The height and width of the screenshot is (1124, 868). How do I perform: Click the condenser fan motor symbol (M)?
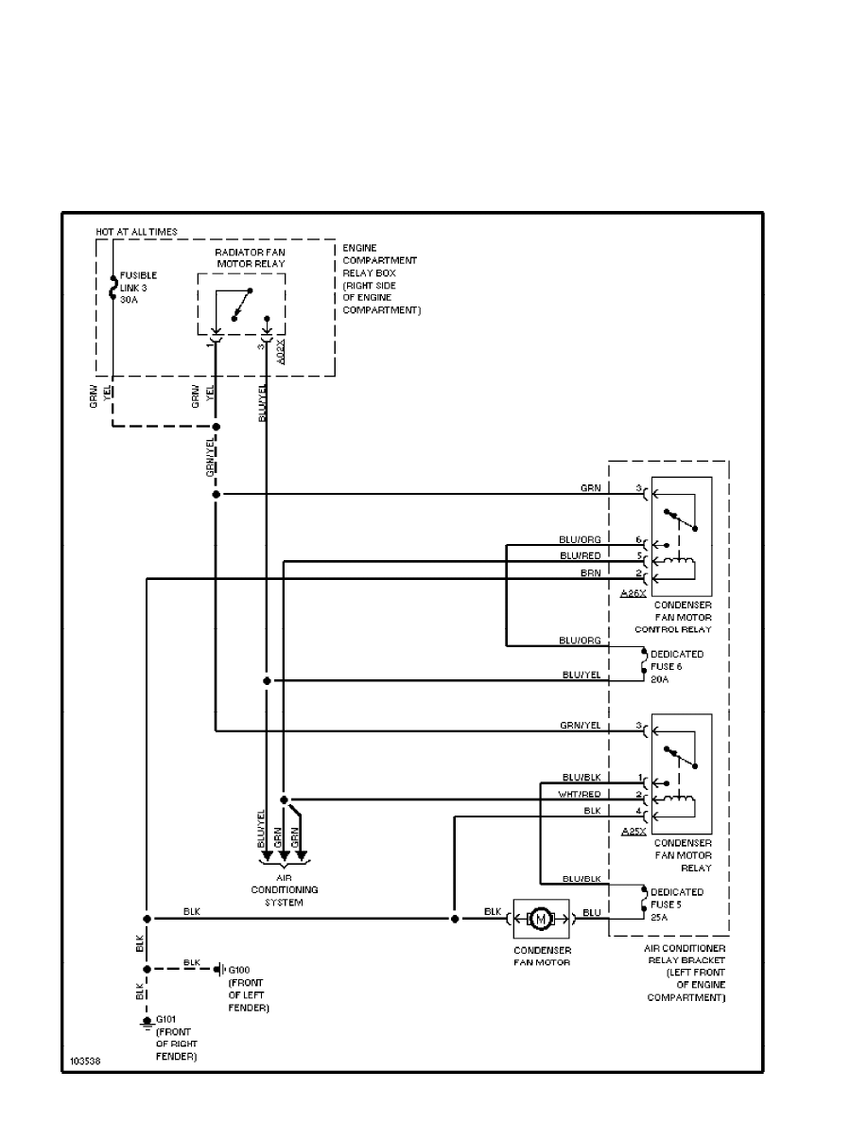[x=541, y=918]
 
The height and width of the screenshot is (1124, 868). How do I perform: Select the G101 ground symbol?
[x=147, y=1023]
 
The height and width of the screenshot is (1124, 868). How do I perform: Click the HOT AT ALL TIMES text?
[x=136, y=232]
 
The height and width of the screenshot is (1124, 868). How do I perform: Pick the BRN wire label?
[x=591, y=573]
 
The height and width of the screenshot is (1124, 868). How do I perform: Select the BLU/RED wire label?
[x=579, y=555]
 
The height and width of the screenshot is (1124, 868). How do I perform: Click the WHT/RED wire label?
[x=580, y=794]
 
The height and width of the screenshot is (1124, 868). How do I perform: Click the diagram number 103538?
[x=84, y=1062]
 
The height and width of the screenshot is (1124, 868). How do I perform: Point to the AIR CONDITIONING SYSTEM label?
[x=284, y=890]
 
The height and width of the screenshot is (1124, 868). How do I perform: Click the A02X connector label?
[x=281, y=353]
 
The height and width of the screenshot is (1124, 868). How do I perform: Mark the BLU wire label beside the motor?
[x=592, y=912]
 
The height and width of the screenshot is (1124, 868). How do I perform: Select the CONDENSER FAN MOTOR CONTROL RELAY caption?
[x=682, y=617]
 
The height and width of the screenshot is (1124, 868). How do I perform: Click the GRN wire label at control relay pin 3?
[x=591, y=488]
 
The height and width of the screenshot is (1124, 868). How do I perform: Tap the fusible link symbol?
[x=113, y=287]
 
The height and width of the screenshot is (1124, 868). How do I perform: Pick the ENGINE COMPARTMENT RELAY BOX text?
[x=381, y=279]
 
